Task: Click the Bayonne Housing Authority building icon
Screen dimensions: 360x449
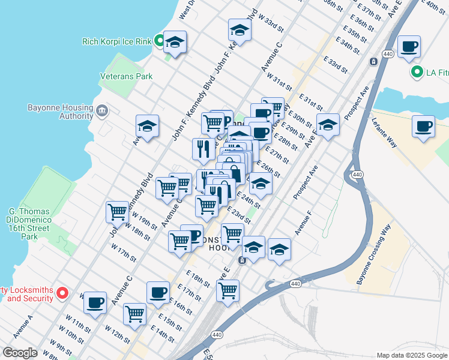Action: [x=101, y=110]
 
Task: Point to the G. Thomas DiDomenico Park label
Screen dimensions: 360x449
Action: [x=37, y=224]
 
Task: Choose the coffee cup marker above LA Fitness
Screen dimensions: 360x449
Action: [x=409, y=47]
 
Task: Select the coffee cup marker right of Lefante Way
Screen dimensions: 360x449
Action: [x=423, y=127]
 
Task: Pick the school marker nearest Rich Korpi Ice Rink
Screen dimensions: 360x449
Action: [x=175, y=42]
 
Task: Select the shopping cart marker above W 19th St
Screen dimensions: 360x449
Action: [x=117, y=211]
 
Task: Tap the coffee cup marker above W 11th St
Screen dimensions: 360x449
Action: [x=95, y=303]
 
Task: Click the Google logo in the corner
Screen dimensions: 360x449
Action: [x=19, y=352]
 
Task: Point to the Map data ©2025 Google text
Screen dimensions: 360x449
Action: [x=412, y=355]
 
